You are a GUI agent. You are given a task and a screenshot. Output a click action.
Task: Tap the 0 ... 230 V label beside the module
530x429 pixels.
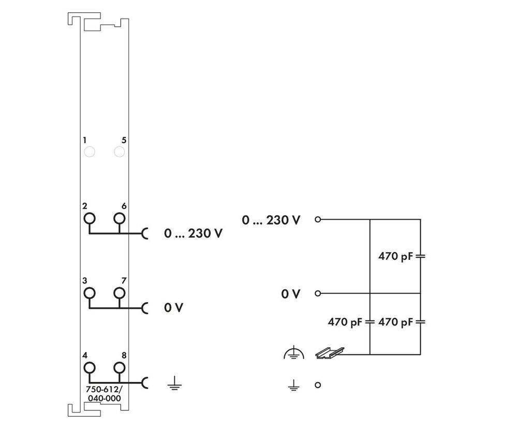tap(194, 233)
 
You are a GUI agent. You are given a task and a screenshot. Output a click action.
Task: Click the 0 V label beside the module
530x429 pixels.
tap(174, 307)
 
